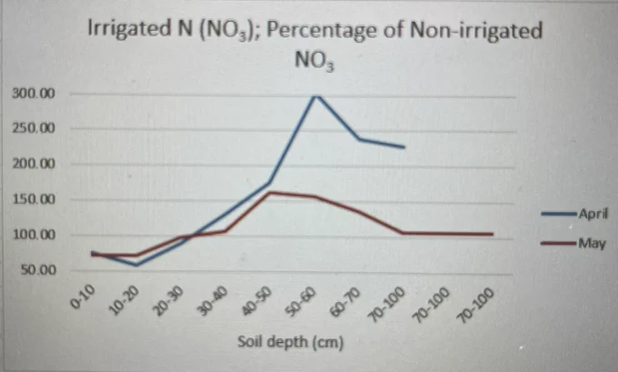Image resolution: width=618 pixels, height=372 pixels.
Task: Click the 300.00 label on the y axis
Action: [x=34, y=94]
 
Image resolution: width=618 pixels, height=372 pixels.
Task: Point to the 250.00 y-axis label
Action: [x=34, y=128]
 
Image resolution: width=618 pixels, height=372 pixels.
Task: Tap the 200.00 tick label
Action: [x=34, y=164]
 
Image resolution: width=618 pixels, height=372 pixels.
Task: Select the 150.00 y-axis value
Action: [x=34, y=199]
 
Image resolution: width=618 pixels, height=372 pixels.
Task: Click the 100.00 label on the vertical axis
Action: [x=35, y=235]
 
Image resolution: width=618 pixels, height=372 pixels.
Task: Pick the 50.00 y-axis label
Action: [x=38, y=270]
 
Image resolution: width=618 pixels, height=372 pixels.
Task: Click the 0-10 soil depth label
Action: [x=83, y=297]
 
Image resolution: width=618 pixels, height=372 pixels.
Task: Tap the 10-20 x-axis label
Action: [x=125, y=300]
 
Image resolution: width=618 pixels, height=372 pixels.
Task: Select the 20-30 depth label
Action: [x=169, y=301]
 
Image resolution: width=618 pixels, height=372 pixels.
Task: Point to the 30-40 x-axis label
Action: [x=213, y=301]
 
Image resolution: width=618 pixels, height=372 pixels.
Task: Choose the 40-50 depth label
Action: [x=257, y=301]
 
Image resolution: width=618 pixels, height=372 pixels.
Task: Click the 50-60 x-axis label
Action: [x=301, y=301]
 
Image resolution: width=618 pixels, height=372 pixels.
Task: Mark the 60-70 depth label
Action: [x=345, y=302]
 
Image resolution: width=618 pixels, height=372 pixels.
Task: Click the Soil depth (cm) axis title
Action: [x=291, y=342]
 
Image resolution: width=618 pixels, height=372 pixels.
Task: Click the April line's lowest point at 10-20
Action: [x=136, y=265]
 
